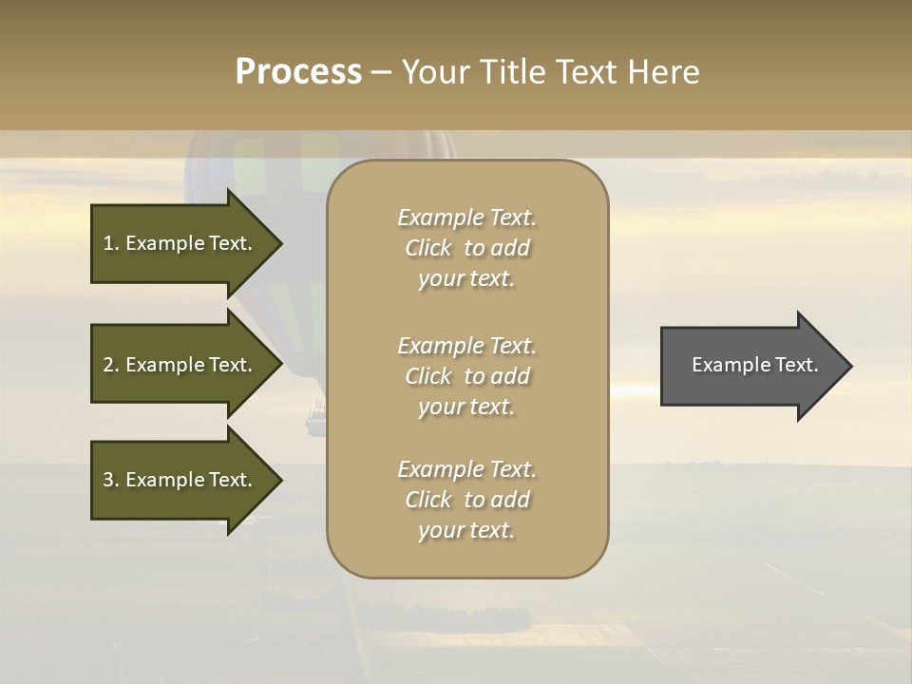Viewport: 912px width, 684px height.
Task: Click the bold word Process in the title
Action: point(298,72)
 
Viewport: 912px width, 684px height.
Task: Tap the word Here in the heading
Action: point(664,72)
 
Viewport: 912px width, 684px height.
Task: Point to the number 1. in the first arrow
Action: point(111,243)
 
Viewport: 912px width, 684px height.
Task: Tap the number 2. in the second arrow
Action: point(111,365)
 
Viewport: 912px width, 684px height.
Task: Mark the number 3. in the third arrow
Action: point(111,480)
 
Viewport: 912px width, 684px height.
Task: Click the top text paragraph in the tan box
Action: point(466,248)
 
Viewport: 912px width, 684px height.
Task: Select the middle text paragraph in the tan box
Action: point(466,376)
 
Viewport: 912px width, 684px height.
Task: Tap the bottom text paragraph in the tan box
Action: point(466,500)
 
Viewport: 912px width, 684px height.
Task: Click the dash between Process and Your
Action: point(381,72)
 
